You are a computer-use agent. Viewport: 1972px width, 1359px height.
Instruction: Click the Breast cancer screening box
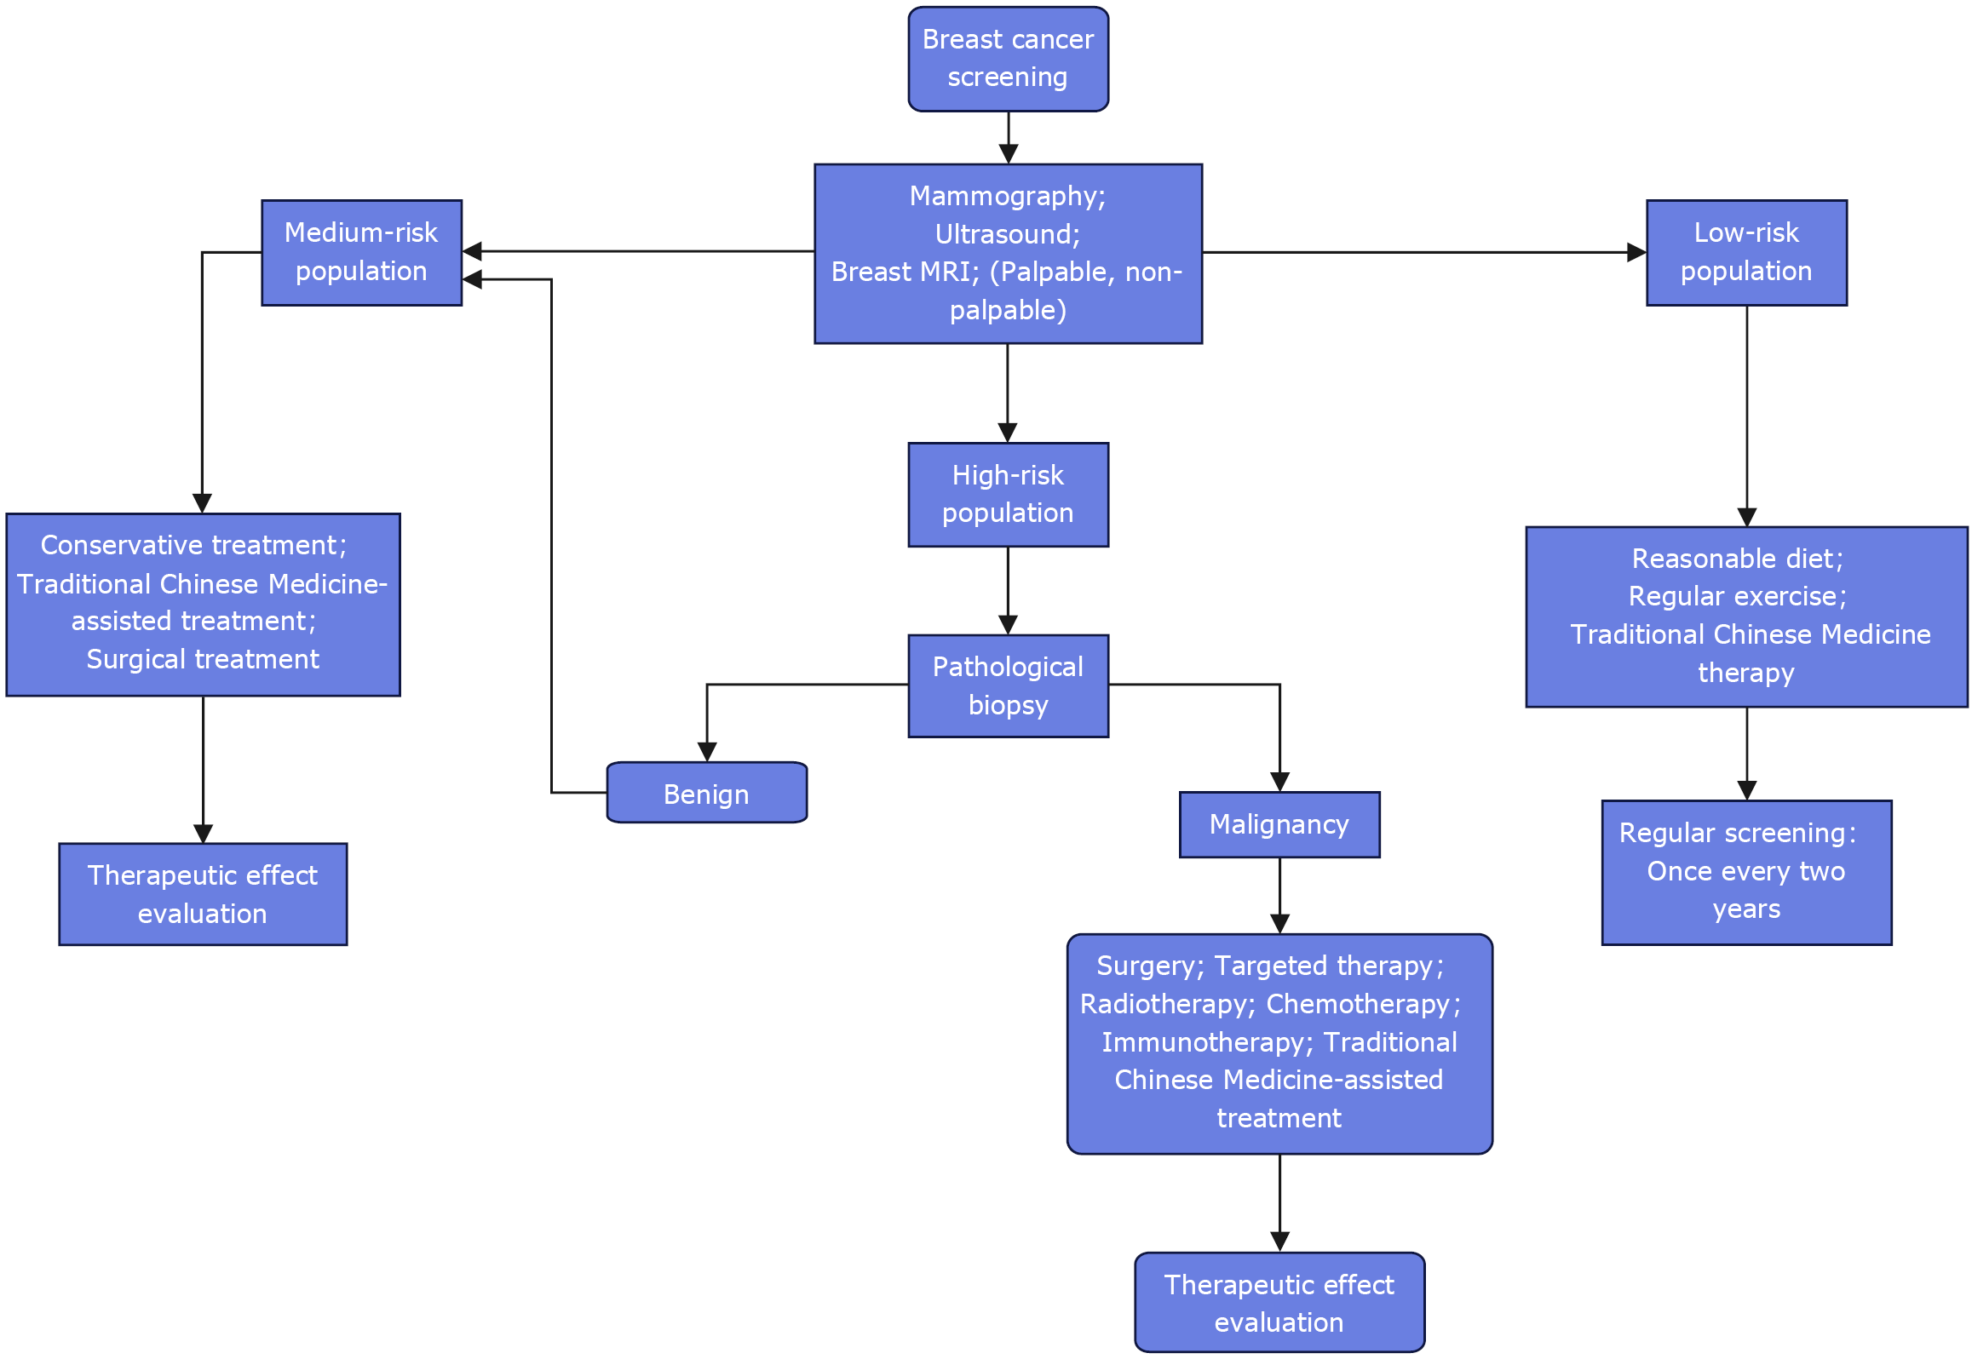1008,59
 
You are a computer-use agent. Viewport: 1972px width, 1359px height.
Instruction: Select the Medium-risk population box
361,252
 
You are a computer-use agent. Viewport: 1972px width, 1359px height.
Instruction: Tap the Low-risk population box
1745,252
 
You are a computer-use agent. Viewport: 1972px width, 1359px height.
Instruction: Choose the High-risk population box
1008,494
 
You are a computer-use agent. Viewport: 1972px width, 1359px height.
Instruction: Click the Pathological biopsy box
1008,685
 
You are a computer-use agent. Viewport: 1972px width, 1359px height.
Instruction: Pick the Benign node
706,793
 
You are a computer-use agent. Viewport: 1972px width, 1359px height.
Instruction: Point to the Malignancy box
1279,824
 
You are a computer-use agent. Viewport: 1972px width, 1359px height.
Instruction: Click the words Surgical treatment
203,659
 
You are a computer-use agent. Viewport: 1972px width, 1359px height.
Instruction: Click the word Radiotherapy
1164,1004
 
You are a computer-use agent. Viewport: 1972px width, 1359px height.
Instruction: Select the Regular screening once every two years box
1745,872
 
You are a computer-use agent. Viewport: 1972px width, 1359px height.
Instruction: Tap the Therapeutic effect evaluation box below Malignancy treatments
1279,1302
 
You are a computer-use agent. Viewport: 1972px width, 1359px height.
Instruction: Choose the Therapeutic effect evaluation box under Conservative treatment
203,894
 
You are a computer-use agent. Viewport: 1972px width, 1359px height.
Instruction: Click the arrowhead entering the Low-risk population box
1636,252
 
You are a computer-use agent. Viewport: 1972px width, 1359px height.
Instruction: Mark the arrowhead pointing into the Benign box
707,752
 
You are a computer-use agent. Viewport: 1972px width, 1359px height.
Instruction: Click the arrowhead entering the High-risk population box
1008,433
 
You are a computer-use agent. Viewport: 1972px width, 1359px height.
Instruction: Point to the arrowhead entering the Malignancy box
1279,782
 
